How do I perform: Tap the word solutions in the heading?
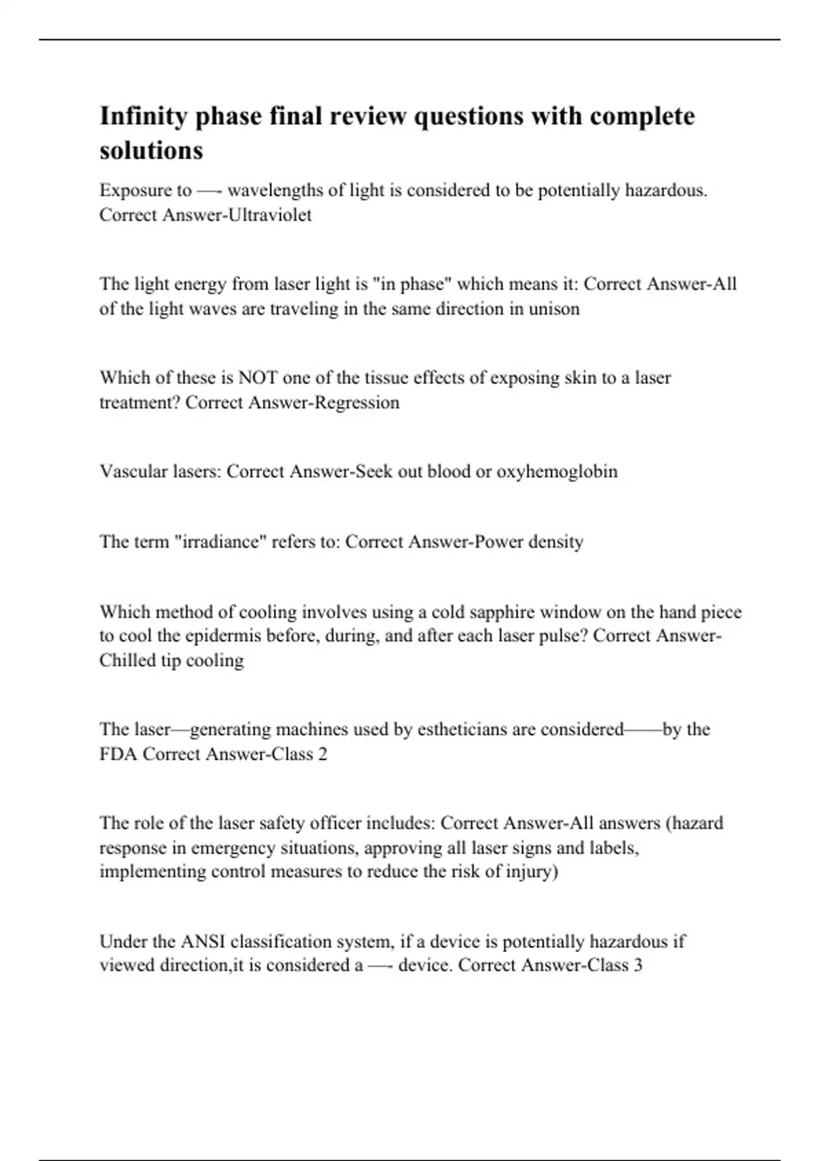point(151,150)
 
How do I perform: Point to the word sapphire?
point(492,611)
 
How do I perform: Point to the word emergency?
point(232,848)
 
